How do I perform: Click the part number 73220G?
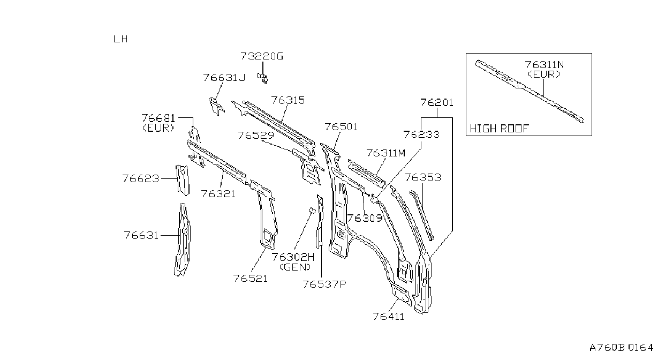tap(262, 56)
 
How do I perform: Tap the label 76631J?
tap(224, 78)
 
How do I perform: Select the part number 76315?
tap(288, 100)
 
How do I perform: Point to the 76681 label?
tap(158, 118)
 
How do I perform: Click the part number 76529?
tap(255, 135)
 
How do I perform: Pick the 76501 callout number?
tap(341, 127)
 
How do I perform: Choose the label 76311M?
tap(386, 153)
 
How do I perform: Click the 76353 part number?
tap(423, 177)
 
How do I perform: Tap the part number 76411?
tap(389, 317)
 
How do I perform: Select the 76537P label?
tap(324, 284)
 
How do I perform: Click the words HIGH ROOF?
tap(500, 129)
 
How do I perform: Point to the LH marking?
tap(120, 39)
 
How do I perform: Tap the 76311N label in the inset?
tap(544, 65)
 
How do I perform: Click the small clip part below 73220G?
tap(263, 78)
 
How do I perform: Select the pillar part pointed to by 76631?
tap(183, 239)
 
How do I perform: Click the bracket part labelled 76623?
tap(183, 180)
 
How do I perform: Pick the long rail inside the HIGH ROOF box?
tap(530, 91)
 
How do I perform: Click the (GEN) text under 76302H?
tap(295, 267)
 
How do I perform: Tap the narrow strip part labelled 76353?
tap(422, 215)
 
